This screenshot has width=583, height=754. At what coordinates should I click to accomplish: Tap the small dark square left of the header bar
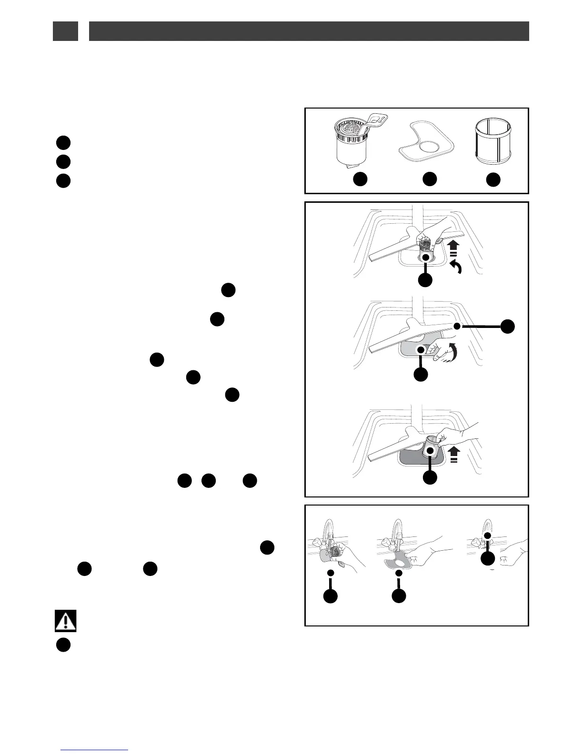point(65,31)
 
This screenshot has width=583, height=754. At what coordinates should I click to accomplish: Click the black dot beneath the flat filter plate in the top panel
point(430,179)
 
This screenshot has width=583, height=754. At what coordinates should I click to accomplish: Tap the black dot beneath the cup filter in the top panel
point(361,179)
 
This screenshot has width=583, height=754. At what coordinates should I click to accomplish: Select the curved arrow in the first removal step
point(456,269)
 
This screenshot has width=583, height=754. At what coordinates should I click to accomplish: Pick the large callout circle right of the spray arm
point(508,326)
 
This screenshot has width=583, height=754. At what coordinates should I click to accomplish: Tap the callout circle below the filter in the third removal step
point(430,477)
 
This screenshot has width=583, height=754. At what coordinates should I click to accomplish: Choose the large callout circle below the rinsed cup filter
point(331,596)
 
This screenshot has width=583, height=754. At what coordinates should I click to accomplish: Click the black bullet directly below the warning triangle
point(64,645)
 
